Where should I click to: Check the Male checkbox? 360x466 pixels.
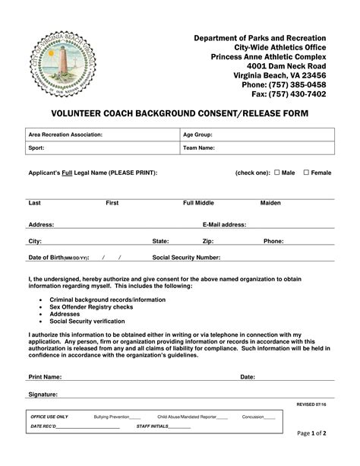pyautogui.click(x=277, y=173)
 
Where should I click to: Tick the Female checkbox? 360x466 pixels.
pyautogui.click(x=306, y=173)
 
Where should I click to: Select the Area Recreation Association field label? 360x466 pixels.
pyautogui.click(x=65, y=135)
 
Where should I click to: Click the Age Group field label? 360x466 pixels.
pyautogui.click(x=197, y=135)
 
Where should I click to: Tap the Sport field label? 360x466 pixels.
pyautogui.click(x=36, y=149)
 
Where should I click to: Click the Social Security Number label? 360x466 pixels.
pyautogui.click(x=186, y=258)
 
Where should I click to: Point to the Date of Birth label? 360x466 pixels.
pyautogui.click(x=58, y=258)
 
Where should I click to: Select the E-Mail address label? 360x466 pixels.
pyautogui.click(x=224, y=225)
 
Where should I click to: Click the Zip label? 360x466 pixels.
pyautogui.click(x=208, y=241)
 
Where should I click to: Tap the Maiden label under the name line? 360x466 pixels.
pyautogui.click(x=270, y=204)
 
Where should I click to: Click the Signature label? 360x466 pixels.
pyautogui.click(x=43, y=395)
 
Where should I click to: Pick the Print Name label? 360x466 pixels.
pyautogui.click(x=45, y=376)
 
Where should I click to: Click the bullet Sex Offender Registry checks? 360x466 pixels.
pyautogui.click(x=91, y=307)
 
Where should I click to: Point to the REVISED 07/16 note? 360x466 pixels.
pyautogui.click(x=311, y=405)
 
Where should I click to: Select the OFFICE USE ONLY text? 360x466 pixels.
pyautogui.click(x=49, y=417)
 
